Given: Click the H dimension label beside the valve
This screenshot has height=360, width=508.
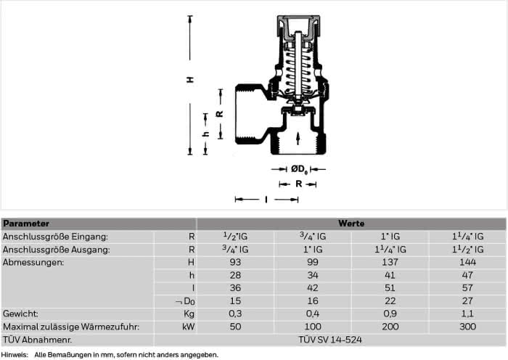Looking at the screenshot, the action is (x=190, y=79).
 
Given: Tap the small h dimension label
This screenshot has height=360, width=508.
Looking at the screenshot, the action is (x=205, y=134).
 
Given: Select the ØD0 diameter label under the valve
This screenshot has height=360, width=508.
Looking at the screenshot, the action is (x=299, y=169).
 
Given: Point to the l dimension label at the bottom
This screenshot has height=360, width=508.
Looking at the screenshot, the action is (x=266, y=200).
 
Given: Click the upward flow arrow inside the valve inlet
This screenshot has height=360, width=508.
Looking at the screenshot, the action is (x=298, y=139).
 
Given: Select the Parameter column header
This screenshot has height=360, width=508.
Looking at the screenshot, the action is (x=26, y=224).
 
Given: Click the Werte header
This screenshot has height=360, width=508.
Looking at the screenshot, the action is (x=351, y=224).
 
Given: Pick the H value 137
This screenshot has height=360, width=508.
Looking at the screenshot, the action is (x=390, y=262).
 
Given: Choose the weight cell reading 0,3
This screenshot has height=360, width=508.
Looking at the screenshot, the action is (x=235, y=314).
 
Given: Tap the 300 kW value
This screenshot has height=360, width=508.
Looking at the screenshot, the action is (x=467, y=327).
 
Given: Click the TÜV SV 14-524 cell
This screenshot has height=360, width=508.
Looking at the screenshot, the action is (x=329, y=340).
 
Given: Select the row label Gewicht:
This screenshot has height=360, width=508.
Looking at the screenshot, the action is (x=20, y=314).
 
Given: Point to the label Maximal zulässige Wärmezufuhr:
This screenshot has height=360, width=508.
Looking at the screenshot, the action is (x=71, y=327).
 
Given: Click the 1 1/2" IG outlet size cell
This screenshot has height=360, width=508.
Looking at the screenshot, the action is (x=467, y=249).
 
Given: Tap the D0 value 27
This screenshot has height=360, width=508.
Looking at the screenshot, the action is (x=467, y=301).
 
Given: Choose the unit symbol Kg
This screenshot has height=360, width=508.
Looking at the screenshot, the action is (x=189, y=314).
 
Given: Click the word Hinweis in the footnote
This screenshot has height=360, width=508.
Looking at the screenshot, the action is (x=15, y=355).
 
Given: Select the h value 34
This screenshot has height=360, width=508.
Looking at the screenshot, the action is (x=313, y=275).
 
